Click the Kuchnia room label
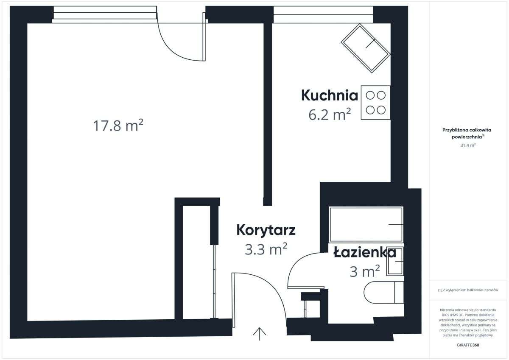pos(330,95)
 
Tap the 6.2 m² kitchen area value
pos(330,114)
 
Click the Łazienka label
pos(364,253)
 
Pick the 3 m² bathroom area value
pos(364,271)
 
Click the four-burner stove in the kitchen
pos(375,103)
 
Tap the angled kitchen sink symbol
pos(365,48)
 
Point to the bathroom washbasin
pos(395,262)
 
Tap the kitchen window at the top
pos(323,15)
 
